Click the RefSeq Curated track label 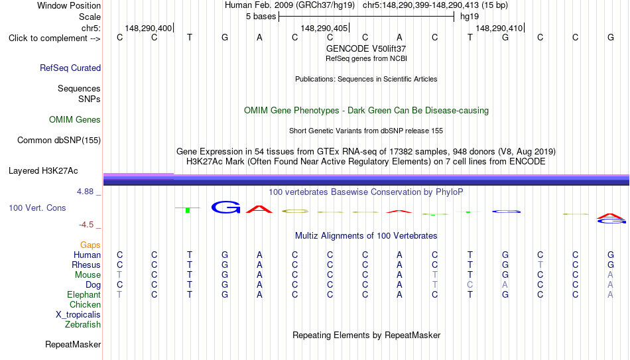pyautogui.click(x=70, y=68)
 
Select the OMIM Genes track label pyautogui.click(x=75, y=120)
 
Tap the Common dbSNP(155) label pyautogui.click(x=59, y=141)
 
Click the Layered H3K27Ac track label pyautogui.click(x=43, y=171)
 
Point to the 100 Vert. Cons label pyautogui.click(x=37, y=208)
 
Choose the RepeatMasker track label pyautogui.click(x=73, y=344)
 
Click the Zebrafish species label pyautogui.click(x=83, y=324)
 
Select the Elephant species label pyautogui.click(x=84, y=294)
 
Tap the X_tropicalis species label pyautogui.click(x=78, y=315)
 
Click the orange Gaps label pyautogui.click(x=90, y=245)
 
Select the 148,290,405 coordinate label pyautogui.click(x=324, y=28)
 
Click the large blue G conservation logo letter pyautogui.click(x=225, y=207)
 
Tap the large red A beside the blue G pyautogui.click(x=259, y=209)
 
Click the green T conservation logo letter pyautogui.click(x=188, y=210)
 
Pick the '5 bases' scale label pyautogui.click(x=261, y=17)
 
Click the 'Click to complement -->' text pyautogui.click(x=54, y=38)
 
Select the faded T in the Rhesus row pyautogui.click(x=540, y=265)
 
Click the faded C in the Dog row pyautogui.click(x=470, y=285)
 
